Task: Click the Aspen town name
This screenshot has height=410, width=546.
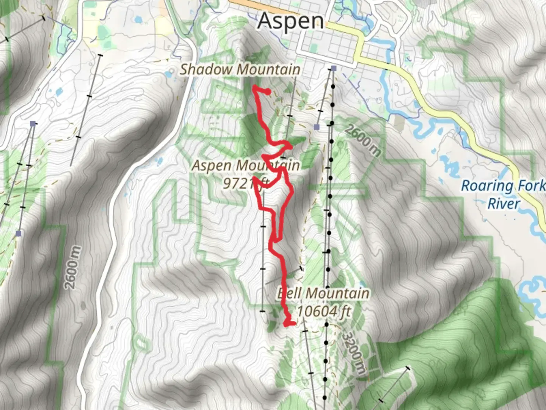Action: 290,21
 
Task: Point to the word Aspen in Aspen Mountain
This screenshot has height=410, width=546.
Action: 212,166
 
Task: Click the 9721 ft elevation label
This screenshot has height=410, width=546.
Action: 246,183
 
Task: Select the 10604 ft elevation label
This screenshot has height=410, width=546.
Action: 323,311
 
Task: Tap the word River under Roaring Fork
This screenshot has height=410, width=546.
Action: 503,204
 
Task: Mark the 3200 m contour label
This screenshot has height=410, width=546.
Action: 353,353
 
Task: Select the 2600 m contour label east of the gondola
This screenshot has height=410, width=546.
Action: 362,140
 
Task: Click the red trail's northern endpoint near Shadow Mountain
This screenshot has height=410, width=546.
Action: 268,91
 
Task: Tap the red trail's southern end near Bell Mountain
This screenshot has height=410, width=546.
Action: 292,323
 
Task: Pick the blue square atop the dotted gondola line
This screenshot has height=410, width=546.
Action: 333,68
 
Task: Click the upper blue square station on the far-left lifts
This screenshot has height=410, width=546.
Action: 33,124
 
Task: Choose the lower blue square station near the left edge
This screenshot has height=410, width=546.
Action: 18,233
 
